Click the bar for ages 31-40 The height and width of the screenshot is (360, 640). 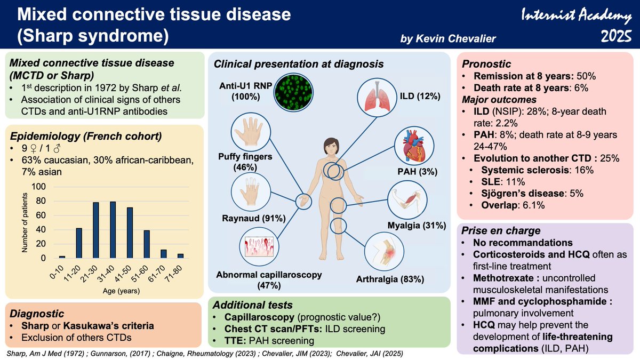(x=113, y=230)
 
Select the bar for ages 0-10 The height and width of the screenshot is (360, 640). (x=62, y=257)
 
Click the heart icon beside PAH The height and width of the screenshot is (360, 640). (x=414, y=147)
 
